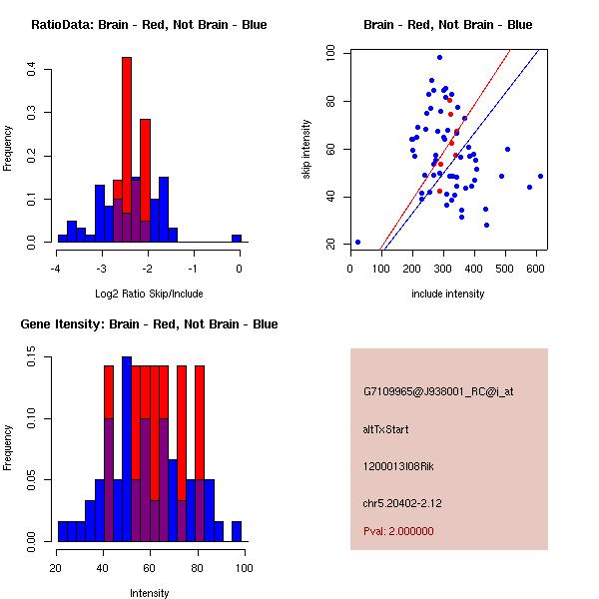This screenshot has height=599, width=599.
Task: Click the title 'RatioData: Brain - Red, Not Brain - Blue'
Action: point(149,25)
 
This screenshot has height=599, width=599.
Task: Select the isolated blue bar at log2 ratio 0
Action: point(237,239)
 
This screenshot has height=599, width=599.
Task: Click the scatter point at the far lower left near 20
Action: point(357,242)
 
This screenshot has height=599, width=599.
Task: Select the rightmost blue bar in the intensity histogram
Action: point(237,531)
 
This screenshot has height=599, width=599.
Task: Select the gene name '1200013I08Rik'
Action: point(399,466)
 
